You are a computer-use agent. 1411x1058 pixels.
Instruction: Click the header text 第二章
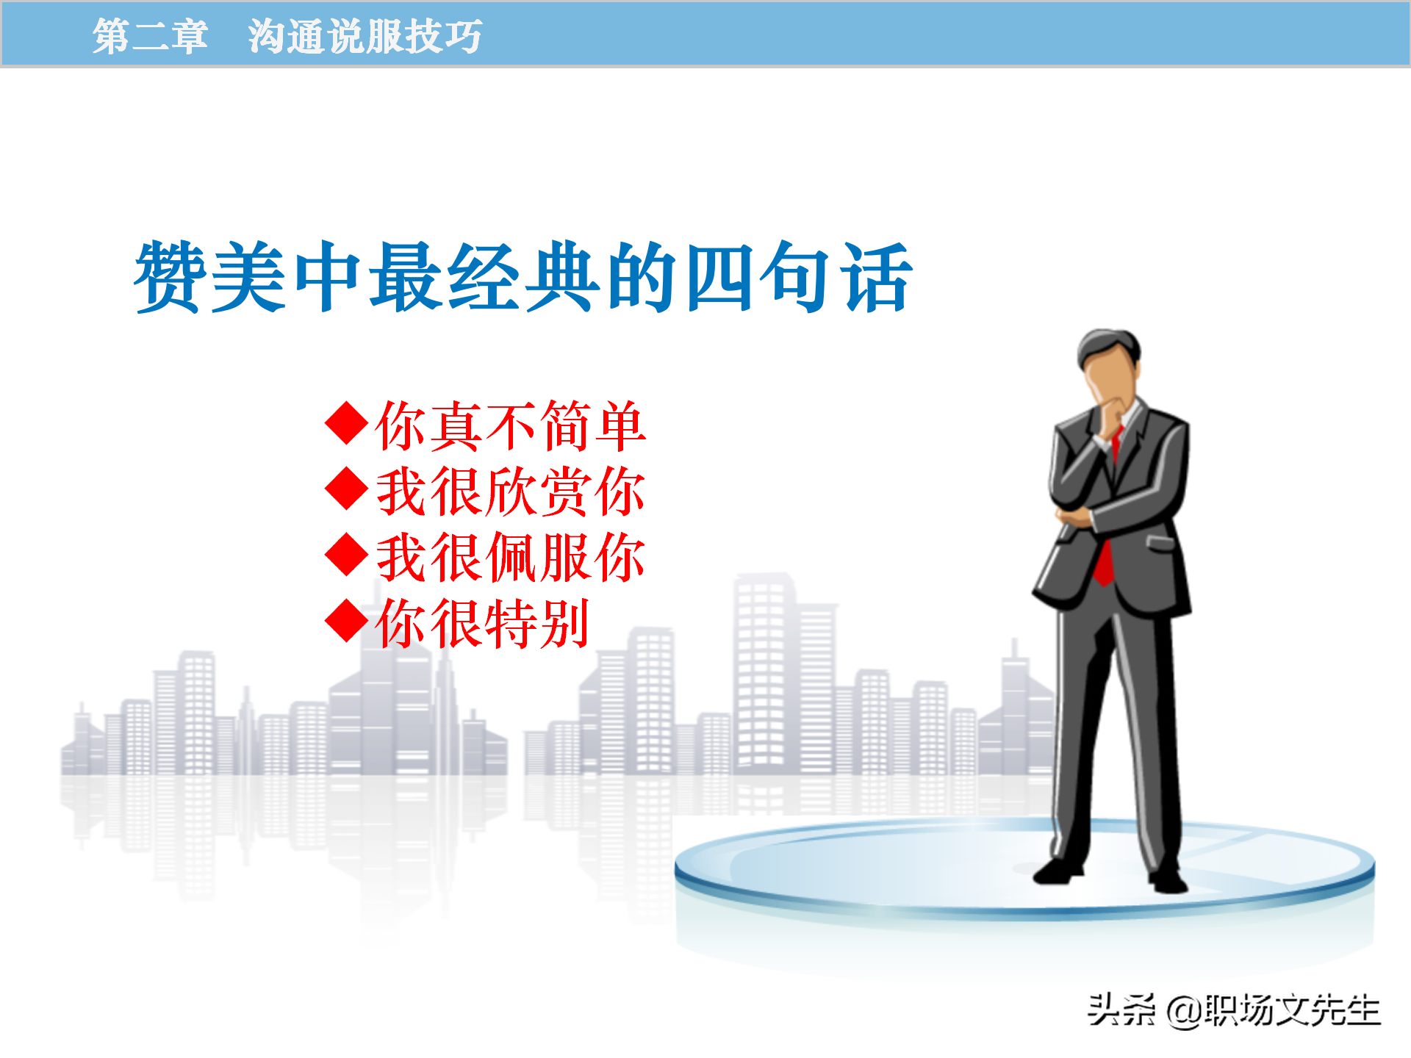(150, 36)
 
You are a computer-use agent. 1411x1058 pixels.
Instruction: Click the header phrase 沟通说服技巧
(365, 36)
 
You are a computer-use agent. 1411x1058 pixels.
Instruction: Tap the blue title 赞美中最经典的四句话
(523, 278)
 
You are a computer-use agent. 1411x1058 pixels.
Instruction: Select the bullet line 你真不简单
(510, 426)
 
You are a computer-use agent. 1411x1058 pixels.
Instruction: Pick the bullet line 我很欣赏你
(510, 492)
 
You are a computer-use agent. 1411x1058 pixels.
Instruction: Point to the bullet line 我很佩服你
(510, 558)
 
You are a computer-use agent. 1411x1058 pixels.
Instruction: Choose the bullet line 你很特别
(482, 623)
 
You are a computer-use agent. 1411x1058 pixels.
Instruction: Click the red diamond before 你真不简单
(346, 423)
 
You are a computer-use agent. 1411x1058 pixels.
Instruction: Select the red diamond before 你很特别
(346, 621)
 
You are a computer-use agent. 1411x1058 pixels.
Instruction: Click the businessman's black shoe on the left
(1058, 872)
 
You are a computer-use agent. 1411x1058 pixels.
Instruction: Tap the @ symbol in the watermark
(1183, 1012)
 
